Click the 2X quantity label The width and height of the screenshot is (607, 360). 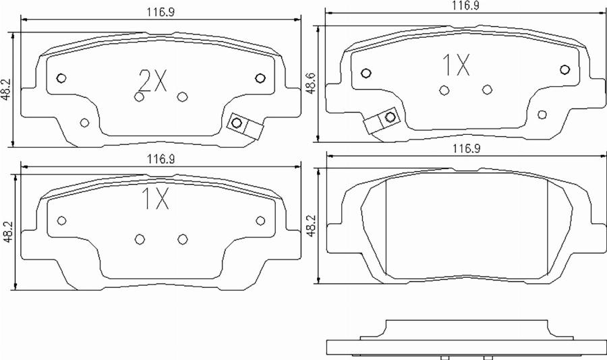(x=152, y=82)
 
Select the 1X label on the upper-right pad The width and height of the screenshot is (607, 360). (x=455, y=66)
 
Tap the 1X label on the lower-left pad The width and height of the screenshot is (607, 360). (x=154, y=200)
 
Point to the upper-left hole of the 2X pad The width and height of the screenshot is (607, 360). (x=60, y=78)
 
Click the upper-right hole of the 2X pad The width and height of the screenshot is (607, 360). (x=260, y=78)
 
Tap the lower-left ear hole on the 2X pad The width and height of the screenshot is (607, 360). (x=84, y=122)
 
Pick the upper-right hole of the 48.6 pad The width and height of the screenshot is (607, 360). (x=565, y=69)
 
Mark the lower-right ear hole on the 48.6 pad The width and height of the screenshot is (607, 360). (x=542, y=114)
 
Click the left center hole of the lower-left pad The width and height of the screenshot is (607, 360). (x=140, y=239)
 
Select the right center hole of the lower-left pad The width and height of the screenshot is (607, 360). (x=182, y=239)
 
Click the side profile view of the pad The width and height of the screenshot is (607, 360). (x=465, y=340)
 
